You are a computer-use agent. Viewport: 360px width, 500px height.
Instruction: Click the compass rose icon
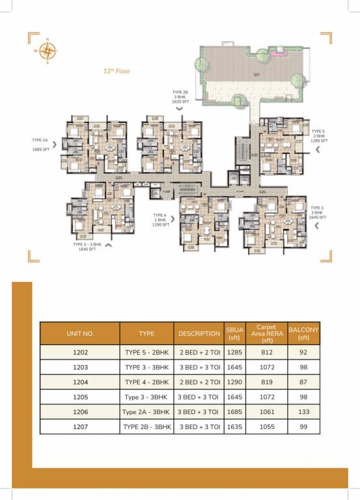pos(47,50)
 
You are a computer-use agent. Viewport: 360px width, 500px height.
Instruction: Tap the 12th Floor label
pos(117,71)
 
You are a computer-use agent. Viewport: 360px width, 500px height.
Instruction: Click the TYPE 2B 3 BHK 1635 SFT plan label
pos(180,97)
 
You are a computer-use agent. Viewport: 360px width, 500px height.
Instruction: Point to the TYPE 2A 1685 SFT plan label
pos(41,145)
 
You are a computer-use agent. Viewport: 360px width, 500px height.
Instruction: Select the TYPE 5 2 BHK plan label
pos(319,135)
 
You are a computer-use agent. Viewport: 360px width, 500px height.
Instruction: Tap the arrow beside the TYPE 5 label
pos(317,150)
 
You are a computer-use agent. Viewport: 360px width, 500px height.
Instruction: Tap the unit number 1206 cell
pos(80,412)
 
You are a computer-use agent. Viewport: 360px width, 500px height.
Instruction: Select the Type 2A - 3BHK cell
pos(146,412)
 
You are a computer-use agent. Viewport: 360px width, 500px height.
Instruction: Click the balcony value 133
pos(303,412)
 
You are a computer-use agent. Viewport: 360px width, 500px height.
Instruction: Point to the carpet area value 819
pos(267,382)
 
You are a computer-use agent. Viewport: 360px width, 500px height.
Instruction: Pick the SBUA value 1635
pos(234,427)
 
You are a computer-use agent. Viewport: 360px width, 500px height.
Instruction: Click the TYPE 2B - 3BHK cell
pos(146,427)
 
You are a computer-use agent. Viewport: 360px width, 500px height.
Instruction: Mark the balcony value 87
pos(303,382)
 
